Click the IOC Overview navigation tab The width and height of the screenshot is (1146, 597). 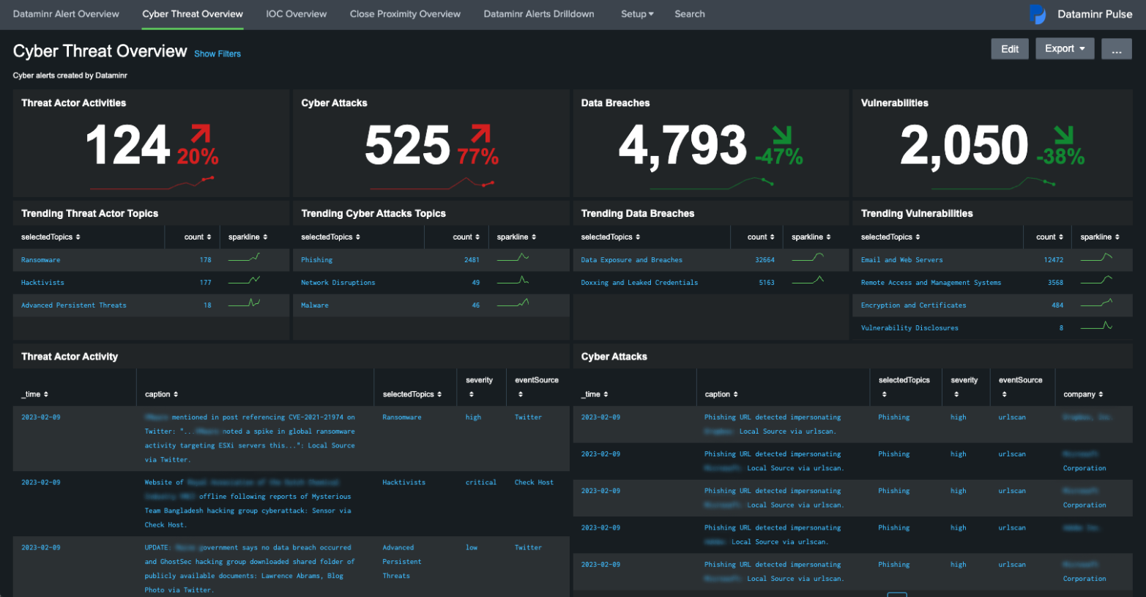coord(296,14)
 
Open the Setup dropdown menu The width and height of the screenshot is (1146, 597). coord(637,14)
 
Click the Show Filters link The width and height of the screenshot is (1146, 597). coord(217,53)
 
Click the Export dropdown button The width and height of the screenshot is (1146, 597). coord(1064,49)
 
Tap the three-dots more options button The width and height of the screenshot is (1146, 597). coord(1116,49)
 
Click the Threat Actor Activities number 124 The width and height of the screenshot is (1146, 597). coord(127,145)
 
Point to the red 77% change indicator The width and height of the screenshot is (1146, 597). coord(477,156)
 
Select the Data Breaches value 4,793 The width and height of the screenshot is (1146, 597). coord(682,145)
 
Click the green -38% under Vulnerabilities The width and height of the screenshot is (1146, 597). coord(1060,156)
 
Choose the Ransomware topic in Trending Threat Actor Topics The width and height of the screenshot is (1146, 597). coord(41,260)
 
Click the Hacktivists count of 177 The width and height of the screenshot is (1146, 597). coord(205,283)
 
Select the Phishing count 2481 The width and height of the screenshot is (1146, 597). coord(472,260)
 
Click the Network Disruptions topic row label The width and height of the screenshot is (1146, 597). coord(338,283)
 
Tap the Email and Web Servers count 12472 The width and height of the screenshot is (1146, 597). coord(1053,260)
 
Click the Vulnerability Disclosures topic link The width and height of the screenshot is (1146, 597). coord(909,328)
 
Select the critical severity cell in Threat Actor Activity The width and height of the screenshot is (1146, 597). coord(480,483)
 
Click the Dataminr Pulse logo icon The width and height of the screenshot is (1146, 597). coord(1038,14)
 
